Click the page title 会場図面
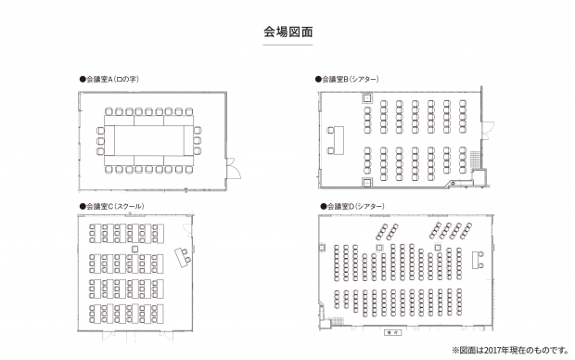tap(287, 32)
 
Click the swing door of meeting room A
tap(232, 167)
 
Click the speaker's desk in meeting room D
tap(480, 259)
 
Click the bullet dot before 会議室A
tap(83, 80)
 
